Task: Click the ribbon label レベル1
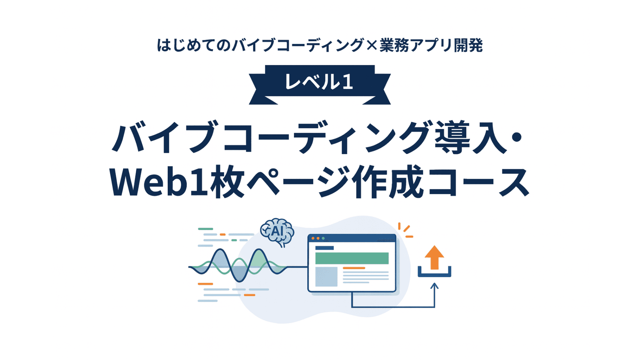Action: (319, 82)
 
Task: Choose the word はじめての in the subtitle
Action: (194, 45)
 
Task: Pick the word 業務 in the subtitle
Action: (394, 45)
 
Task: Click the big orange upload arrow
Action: (434, 257)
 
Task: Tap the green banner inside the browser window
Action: (352, 258)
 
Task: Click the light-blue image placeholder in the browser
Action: (326, 277)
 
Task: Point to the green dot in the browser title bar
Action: (323, 238)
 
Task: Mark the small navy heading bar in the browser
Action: (324, 248)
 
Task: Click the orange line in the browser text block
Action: (354, 268)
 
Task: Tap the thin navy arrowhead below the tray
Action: (434, 286)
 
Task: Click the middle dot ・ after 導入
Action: (516, 138)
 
